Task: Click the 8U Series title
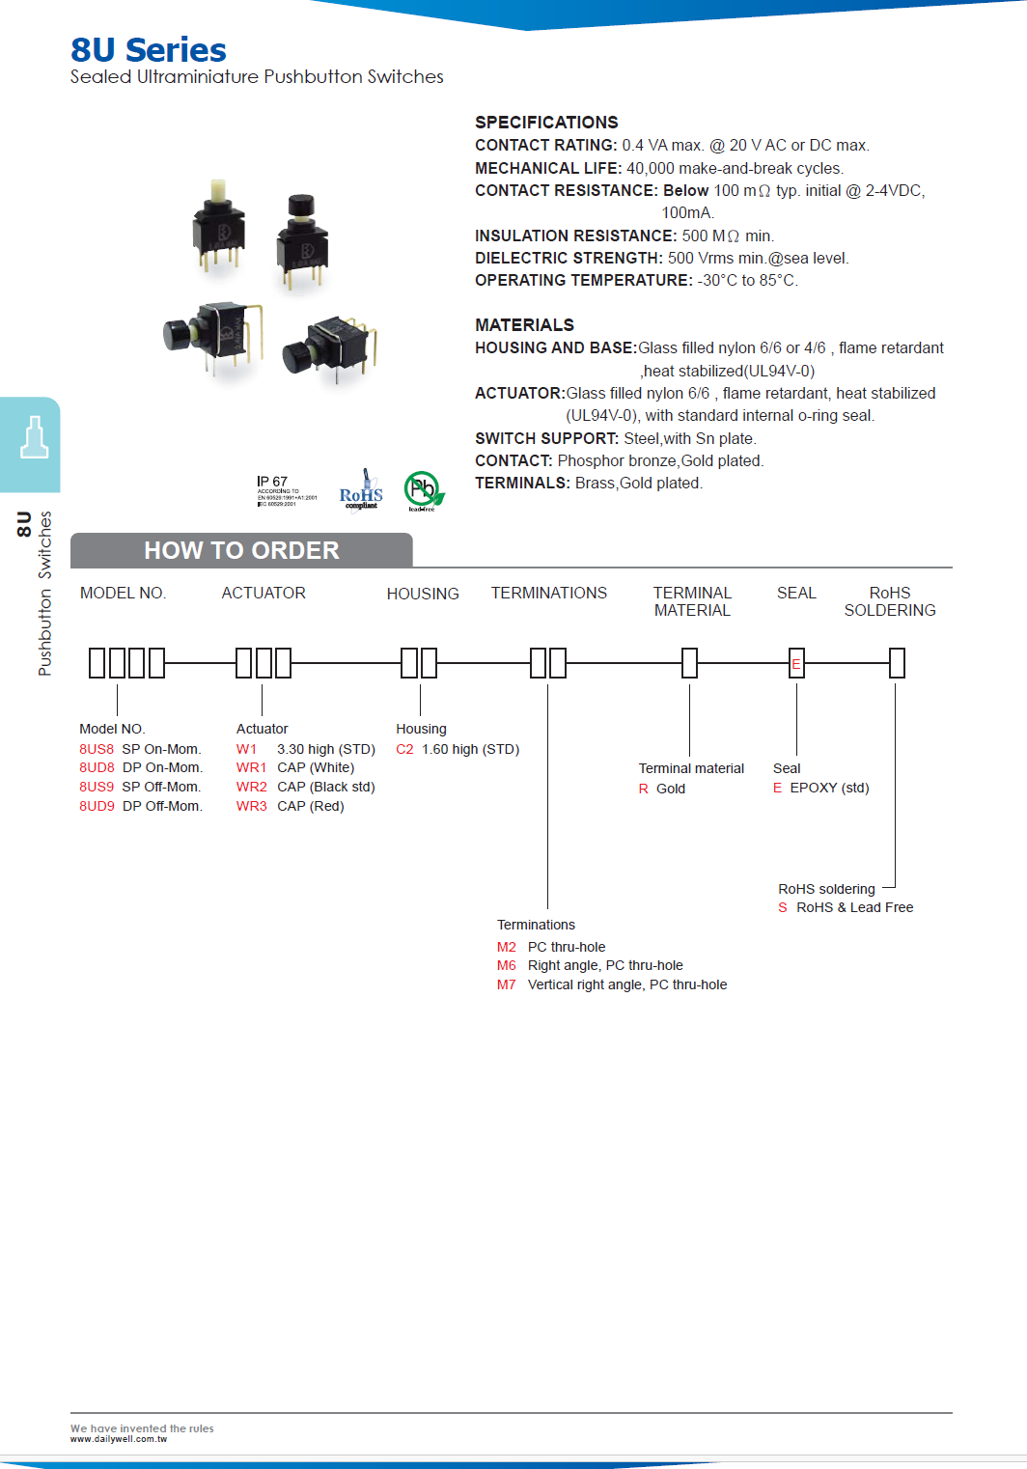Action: (x=149, y=50)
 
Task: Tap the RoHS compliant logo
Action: (x=361, y=492)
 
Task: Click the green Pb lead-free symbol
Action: (x=423, y=490)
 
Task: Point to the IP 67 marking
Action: (x=272, y=482)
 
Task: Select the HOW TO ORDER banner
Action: (x=241, y=550)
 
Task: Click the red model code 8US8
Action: (x=97, y=749)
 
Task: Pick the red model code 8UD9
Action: (x=97, y=806)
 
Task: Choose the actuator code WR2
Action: (x=251, y=787)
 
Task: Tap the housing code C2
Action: (x=404, y=749)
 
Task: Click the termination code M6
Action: (x=507, y=965)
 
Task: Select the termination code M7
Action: (x=507, y=984)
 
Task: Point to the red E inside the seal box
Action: (x=796, y=664)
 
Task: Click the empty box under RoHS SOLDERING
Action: (x=897, y=663)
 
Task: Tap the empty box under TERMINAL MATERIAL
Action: (x=689, y=663)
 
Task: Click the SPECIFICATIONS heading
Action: (x=546, y=123)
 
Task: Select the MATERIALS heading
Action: (x=524, y=325)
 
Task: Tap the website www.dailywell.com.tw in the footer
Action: (x=119, y=1439)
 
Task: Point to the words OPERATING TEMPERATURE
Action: (x=583, y=281)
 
